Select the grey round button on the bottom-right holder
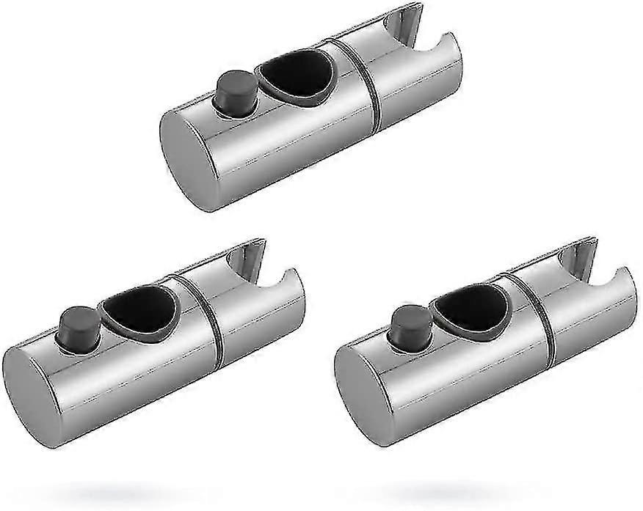point(405,323)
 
